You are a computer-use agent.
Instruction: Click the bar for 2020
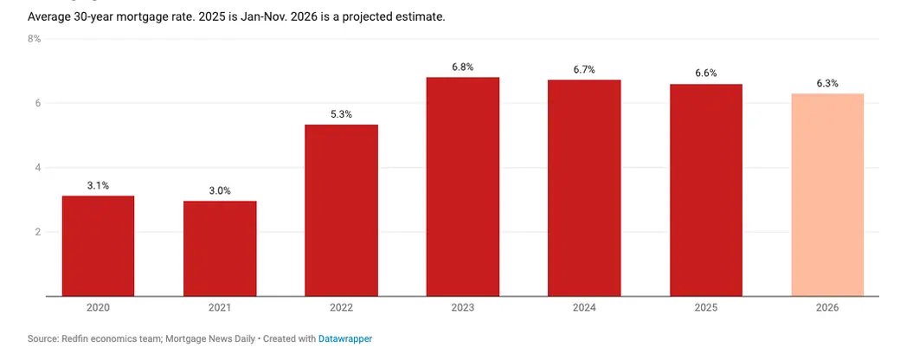tap(98, 246)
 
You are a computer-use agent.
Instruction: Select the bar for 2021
tap(220, 248)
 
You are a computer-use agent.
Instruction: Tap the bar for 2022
tap(341, 210)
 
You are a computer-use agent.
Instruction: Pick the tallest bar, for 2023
tap(463, 187)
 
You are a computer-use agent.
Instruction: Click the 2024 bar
tap(584, 188)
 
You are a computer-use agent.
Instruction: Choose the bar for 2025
tap(706, 190)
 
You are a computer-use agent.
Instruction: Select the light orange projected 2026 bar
tap(827, 195)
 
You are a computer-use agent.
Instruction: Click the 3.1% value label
tap(98, 185)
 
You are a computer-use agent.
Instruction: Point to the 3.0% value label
tap(220, 190)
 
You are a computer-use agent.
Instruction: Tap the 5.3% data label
tap(341, 114)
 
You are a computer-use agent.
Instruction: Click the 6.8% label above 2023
tap(463, 67)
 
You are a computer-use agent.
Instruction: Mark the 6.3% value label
tap(827, 83)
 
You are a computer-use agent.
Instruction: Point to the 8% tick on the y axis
tap(34, 39)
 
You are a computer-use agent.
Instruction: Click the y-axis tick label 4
tap(37, 168)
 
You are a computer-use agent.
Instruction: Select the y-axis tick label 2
tap(37, 232)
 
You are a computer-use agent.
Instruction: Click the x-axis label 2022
tap(341, 307)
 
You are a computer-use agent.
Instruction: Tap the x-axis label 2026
tap(827, 307)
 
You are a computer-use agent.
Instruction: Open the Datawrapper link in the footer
tap(345, 339)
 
